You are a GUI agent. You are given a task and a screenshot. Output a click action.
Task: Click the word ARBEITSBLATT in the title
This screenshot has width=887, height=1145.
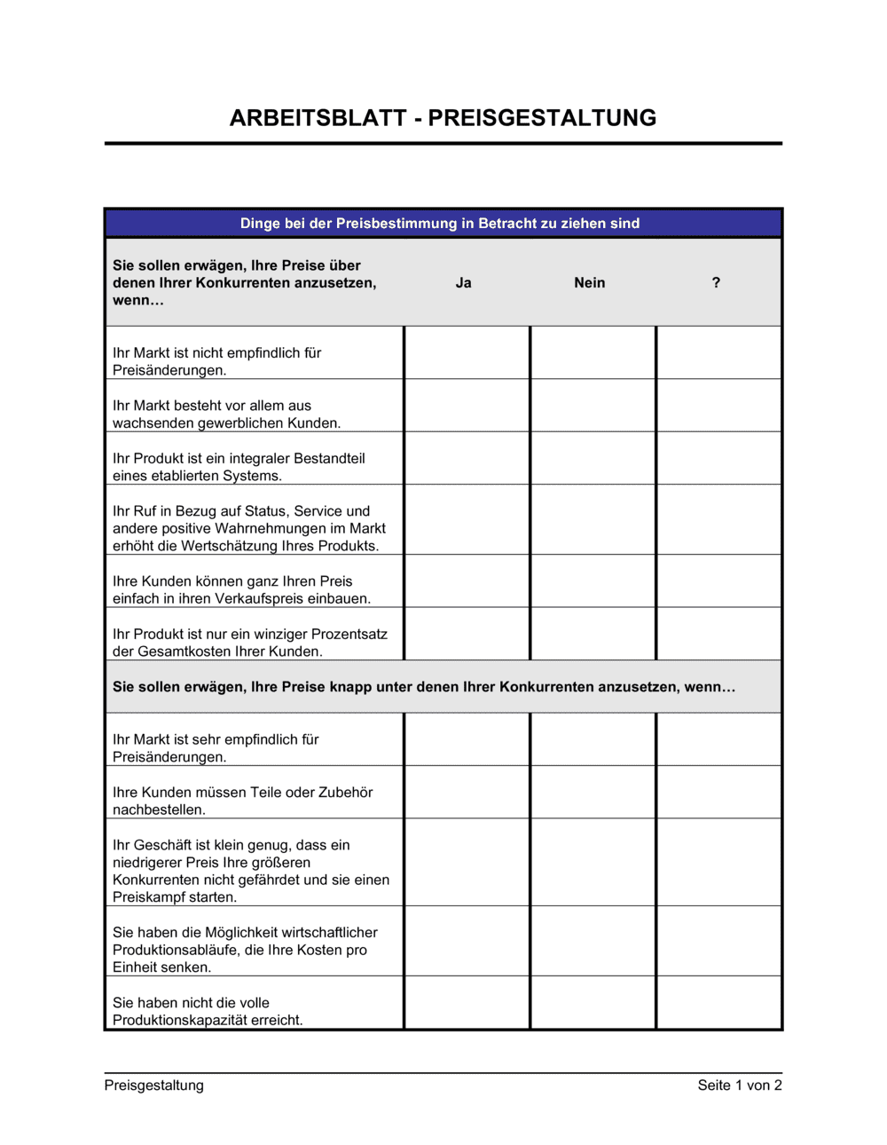pos(318,118)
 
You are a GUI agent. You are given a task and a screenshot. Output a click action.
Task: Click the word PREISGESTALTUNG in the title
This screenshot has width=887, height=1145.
pos(543,118)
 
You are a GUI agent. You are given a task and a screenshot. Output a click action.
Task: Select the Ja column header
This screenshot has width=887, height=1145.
pos(463,283)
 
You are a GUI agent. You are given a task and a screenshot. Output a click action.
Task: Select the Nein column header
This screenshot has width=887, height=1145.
pos(589,283)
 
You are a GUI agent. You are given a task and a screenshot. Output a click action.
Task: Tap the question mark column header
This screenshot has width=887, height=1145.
pos(716,283)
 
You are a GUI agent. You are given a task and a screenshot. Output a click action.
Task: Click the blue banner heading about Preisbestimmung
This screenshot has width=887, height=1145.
pos(440,224)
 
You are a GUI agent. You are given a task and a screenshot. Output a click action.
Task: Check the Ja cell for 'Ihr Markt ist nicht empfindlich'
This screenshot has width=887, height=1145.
pos(467,353)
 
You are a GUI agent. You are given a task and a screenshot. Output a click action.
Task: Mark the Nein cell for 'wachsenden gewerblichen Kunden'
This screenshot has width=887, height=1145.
pos(593,406)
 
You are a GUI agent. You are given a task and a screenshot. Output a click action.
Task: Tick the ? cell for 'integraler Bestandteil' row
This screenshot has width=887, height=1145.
pos(718,458)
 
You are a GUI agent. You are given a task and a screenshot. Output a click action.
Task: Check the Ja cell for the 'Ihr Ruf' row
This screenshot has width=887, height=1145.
pos(467,520)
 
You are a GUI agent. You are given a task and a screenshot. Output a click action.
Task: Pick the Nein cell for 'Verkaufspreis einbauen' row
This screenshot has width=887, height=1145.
pos(593,581)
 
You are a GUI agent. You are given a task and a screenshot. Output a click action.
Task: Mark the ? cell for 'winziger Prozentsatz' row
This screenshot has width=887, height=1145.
pos(718,634)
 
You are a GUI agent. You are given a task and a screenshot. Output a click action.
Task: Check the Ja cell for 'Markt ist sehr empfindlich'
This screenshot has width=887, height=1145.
pos(467,739)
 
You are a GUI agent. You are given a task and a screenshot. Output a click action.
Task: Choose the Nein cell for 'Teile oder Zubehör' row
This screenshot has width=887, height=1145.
pos(593,792)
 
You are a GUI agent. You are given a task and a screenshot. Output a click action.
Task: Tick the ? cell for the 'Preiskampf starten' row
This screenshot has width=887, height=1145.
pos(718,862)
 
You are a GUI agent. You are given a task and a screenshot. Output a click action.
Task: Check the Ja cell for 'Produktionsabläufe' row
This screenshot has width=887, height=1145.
pos(467,941)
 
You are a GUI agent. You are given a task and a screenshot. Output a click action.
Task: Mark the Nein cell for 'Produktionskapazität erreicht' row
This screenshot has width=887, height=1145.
pos(593,1003)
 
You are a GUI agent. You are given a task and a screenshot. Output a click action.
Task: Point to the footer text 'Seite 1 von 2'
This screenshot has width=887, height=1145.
pos(740,1086)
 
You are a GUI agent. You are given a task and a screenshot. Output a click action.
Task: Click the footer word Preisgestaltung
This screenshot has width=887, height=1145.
pos(154,1086)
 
